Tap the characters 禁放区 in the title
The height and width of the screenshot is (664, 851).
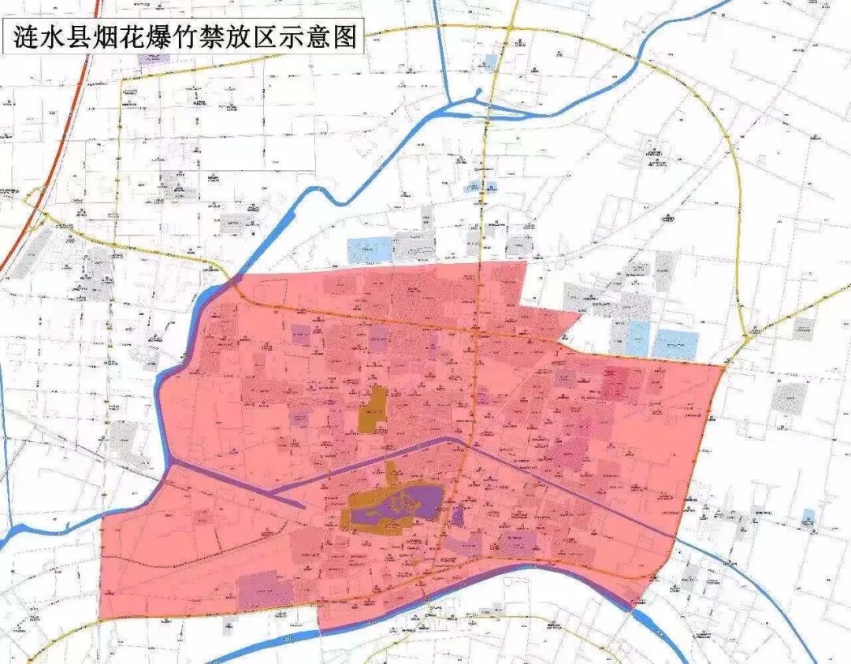[258, 37]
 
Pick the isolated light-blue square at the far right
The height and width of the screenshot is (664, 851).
[808, 517]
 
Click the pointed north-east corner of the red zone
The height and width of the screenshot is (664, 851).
[723, 365]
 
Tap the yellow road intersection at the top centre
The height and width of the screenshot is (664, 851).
[511, 29]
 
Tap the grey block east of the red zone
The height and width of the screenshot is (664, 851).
[788, 398]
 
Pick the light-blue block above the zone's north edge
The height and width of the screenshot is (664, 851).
[370, 250]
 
